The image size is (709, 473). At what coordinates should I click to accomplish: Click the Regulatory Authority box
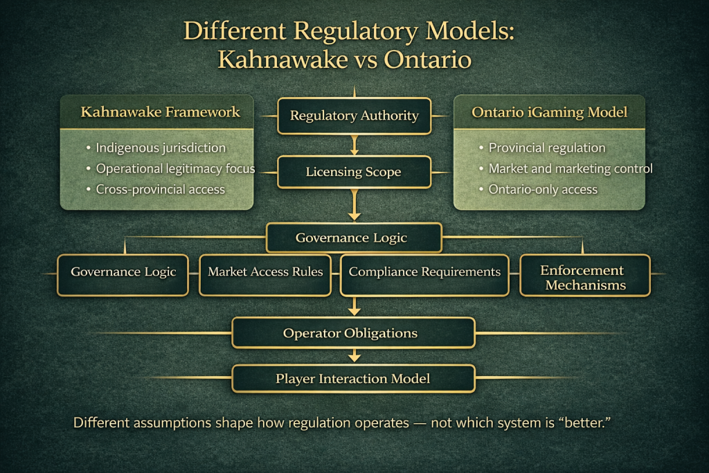354,116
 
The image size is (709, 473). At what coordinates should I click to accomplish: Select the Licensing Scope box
354,172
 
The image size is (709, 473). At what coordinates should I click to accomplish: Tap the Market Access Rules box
265,275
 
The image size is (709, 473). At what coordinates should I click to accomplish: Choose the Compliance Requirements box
424,275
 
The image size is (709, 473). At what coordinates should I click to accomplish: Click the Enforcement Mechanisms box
585,275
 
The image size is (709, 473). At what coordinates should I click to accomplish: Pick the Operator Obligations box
354,333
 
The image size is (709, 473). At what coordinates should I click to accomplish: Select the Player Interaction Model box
354,379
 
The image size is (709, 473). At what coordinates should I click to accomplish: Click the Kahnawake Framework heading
160,111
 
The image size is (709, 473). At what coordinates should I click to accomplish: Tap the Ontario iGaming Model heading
549,112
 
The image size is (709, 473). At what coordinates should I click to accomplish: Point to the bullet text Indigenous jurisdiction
161,148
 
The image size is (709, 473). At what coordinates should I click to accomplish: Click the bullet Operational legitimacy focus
175,169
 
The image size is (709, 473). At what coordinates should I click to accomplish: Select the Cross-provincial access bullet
160,190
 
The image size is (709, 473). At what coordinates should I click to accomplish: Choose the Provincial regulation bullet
547,148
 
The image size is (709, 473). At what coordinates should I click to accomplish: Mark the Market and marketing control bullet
571,169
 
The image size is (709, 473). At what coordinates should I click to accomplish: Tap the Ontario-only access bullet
543,190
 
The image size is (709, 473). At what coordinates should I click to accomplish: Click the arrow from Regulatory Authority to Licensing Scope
354,145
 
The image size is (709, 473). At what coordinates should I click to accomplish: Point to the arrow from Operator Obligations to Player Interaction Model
354,355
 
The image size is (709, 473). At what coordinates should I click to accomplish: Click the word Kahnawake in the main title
282,60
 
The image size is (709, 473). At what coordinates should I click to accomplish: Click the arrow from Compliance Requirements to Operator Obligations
354,306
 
